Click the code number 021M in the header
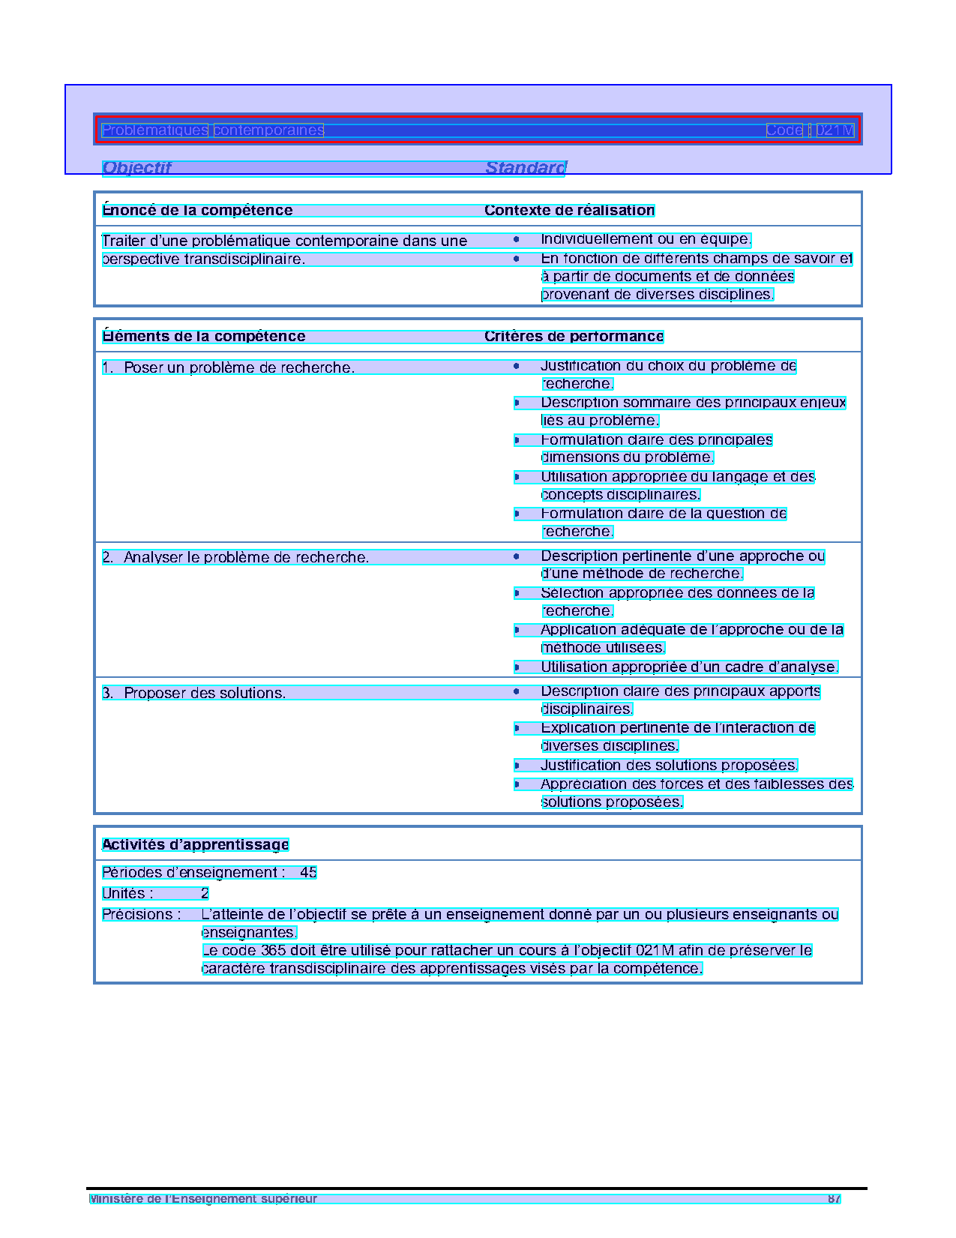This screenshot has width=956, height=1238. (x=835, y=130)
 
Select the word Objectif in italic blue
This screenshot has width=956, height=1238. (x=136, y=168)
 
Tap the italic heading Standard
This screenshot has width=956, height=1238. (x=526, y=168)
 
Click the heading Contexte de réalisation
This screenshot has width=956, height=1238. (x=569, y=211)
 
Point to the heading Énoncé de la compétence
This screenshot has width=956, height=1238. (x=197, y=211)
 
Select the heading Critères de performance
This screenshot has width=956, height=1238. (x=574, y=337)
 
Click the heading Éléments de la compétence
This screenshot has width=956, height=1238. (x=203, y=337)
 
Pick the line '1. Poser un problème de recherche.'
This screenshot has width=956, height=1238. (x=228, y=368)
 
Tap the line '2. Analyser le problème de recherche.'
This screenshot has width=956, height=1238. (x=235, y=558)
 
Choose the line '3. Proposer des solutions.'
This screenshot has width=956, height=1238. (x=194, y=694)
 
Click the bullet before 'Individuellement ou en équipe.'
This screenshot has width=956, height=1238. (x=517, y=240)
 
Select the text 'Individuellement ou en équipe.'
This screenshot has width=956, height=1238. (x=646, y=240)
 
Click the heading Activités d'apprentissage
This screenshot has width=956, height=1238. (x=195, y=845)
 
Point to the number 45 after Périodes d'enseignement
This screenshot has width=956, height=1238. (x=308, y=873)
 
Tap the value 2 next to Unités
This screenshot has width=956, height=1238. (x=205, y=894)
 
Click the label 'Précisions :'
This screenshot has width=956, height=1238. (x=142, y=915)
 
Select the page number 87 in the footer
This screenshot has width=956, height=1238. (x=834, y=1199)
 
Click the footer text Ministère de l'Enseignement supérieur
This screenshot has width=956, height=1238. (x=203, y=1199)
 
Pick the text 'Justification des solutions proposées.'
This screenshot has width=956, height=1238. (x=669, y=766)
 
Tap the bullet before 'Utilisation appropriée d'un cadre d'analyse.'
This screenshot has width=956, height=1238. (x=517, y=667)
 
